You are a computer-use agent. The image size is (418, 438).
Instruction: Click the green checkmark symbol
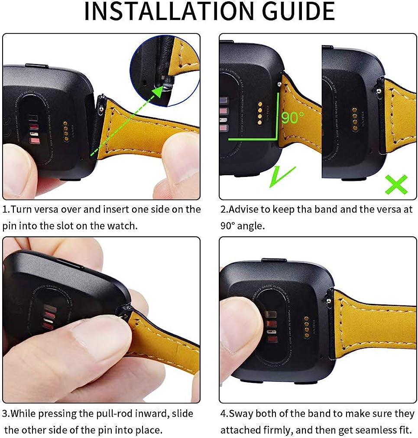point(282,177)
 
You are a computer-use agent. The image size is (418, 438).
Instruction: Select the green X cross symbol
point(396,184)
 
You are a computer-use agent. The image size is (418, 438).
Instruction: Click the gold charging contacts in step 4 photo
point(306,328)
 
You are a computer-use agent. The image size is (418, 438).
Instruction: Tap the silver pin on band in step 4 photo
point(330,298)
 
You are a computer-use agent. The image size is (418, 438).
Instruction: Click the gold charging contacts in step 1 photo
point(65,130)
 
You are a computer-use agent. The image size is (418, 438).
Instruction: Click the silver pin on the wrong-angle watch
point(379,90)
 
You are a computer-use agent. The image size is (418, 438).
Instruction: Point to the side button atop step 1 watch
point(35,65)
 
